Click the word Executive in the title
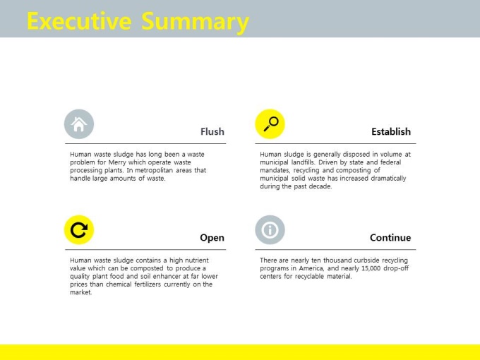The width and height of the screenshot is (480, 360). pos(79,21)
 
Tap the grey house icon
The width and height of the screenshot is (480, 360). pos(79,124)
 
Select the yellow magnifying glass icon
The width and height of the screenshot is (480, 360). pos(270,124)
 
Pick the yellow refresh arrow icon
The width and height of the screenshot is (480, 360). pos(79,230)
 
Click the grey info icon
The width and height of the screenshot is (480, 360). pos(270,230)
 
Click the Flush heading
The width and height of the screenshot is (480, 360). pos(212,131)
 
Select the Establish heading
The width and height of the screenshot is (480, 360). pos(391,131)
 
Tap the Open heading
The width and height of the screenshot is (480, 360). pos(212,238)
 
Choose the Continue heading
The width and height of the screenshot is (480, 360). pos(390,238)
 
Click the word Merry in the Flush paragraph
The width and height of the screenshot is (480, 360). pos(117,162)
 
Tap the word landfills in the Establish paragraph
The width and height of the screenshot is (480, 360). pos(303,162)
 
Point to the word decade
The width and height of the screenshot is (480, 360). pos(320,186)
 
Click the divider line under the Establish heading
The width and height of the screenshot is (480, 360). pos(335,143)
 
